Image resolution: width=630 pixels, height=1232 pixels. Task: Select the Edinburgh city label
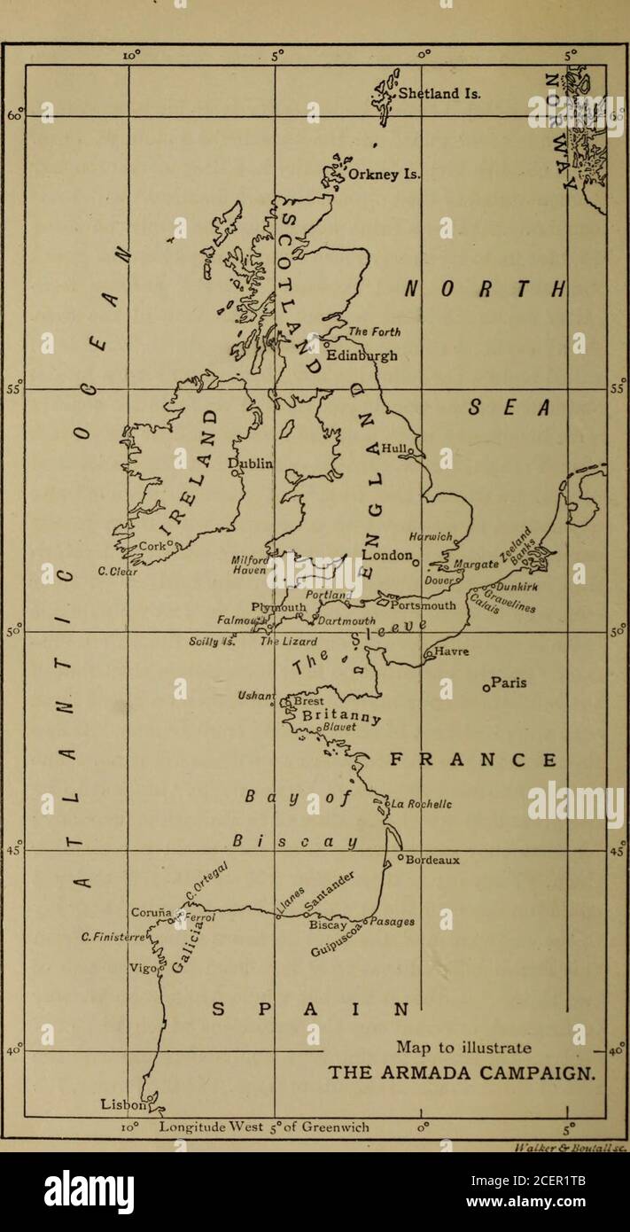362,355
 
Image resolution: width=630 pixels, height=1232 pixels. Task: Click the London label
388,556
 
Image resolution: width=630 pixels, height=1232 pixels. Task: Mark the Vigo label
143,969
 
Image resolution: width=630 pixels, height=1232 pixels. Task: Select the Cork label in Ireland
153,548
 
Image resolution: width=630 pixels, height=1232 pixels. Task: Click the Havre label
453,652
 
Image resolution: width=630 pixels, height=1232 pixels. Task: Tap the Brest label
309,699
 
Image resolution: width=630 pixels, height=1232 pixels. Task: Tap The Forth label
375,332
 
